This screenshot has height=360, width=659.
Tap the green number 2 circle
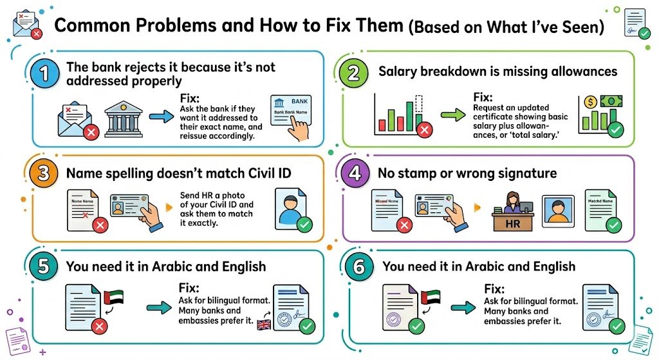[353, 73]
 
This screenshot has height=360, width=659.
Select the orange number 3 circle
[43, 174]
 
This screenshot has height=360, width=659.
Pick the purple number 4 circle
[353, 174]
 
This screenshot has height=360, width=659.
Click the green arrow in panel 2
[453, 117]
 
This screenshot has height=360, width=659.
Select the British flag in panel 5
[264, 324]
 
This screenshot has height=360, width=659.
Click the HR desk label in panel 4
[513, 223]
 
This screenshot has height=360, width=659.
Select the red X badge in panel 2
[424, 132]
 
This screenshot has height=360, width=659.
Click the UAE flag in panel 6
[430, 299]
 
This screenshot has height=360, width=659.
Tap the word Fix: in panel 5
[189, 289]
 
